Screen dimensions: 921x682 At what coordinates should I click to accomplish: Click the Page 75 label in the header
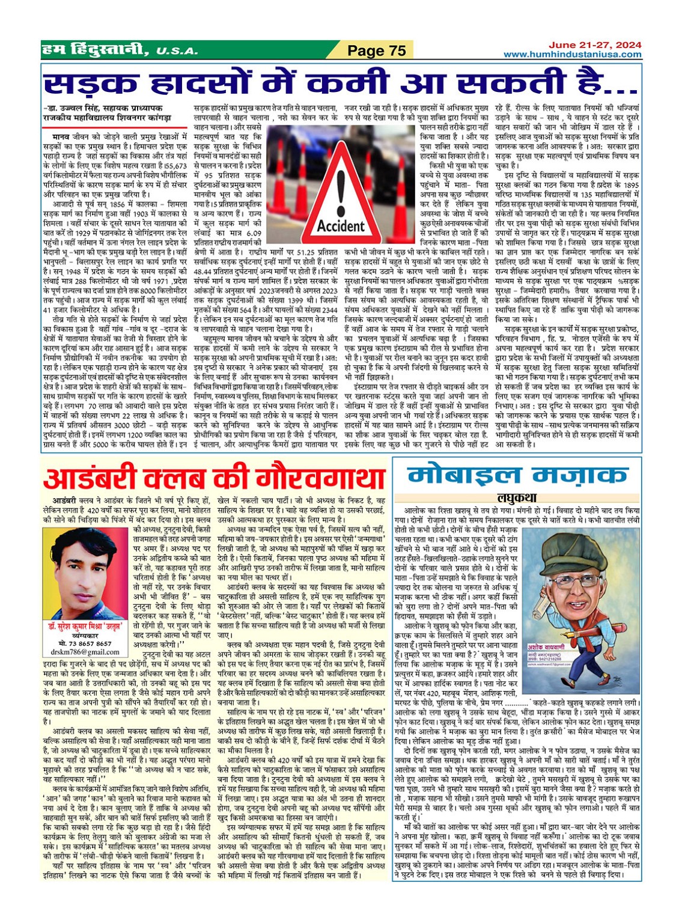(x=377, y=50)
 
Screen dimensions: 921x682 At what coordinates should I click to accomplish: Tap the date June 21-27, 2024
(x=594, y=45)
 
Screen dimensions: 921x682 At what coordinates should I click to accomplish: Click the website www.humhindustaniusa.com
(x=572, y=54)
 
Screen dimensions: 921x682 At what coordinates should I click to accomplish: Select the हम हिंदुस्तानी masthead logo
(x=94, y=51)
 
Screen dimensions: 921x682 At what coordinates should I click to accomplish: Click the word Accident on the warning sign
(x=340, y=226)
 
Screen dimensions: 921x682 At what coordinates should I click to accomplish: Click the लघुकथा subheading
(x=517, y=497)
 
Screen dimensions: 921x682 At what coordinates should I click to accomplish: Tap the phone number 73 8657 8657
(x=90, y=643)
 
